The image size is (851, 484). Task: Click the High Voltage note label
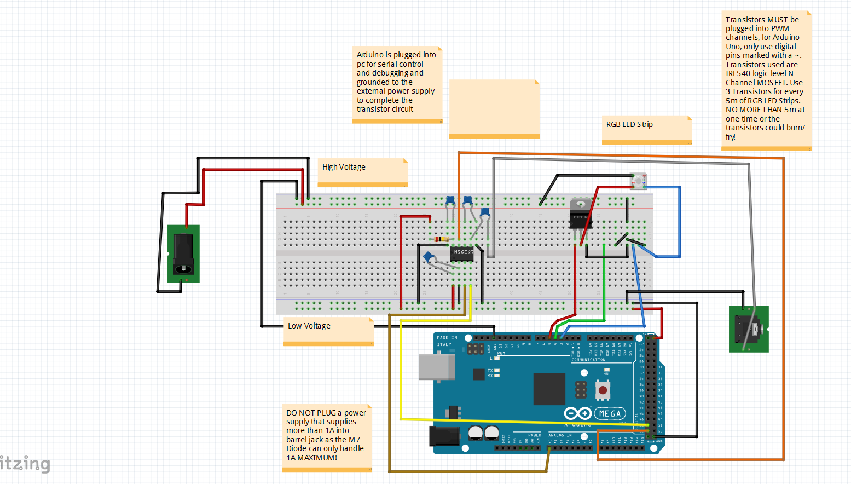pyautogui.click(x=344, y=167)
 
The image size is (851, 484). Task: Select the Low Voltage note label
pyautogui.click(x=309, y=326)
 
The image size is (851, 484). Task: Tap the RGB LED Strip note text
pyautogui.click(x=629, y=124)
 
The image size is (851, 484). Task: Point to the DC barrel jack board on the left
pyautogui.click(x=183, y=253)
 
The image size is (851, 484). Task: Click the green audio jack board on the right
pyautogui.click(x=749, y=329)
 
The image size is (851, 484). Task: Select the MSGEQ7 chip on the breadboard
pyautogui.click(x=462, y=252)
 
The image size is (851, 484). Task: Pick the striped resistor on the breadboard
pyautogui.click(x=441, y=239)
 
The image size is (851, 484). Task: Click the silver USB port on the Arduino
pyautogui.click(x=437, y=366)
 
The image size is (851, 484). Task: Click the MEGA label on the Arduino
pyautogui.click(x=610, y=413)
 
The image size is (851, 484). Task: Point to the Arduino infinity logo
pyautogui.click(x=577, y=413)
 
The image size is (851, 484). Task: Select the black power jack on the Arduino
pyautogui.click(x=444, y=436)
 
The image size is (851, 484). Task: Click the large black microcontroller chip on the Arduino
pyautogui.click(x=549, y=389)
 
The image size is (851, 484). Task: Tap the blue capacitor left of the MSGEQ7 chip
pyautogui.click(x=429, y=257)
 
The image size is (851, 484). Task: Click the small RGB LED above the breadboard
pyautogui.click(x=638, y=180)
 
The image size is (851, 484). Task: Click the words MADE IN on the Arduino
pyautogui.click(x=447, y=338)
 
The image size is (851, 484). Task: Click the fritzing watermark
pyautogui.click(x=25, y=464)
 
